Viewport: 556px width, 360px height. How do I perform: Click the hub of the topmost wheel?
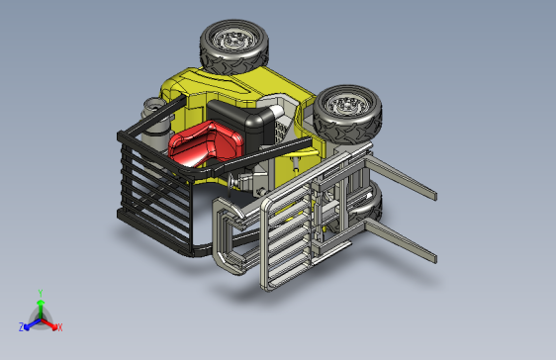[234, 42]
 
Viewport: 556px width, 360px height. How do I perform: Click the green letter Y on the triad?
[40, 293]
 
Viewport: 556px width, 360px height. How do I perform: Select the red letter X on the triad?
[59, 326]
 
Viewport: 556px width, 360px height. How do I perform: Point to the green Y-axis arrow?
[40, 307]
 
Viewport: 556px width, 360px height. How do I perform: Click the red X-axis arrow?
[50, 322]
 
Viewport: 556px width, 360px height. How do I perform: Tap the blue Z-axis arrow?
[31, 322]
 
